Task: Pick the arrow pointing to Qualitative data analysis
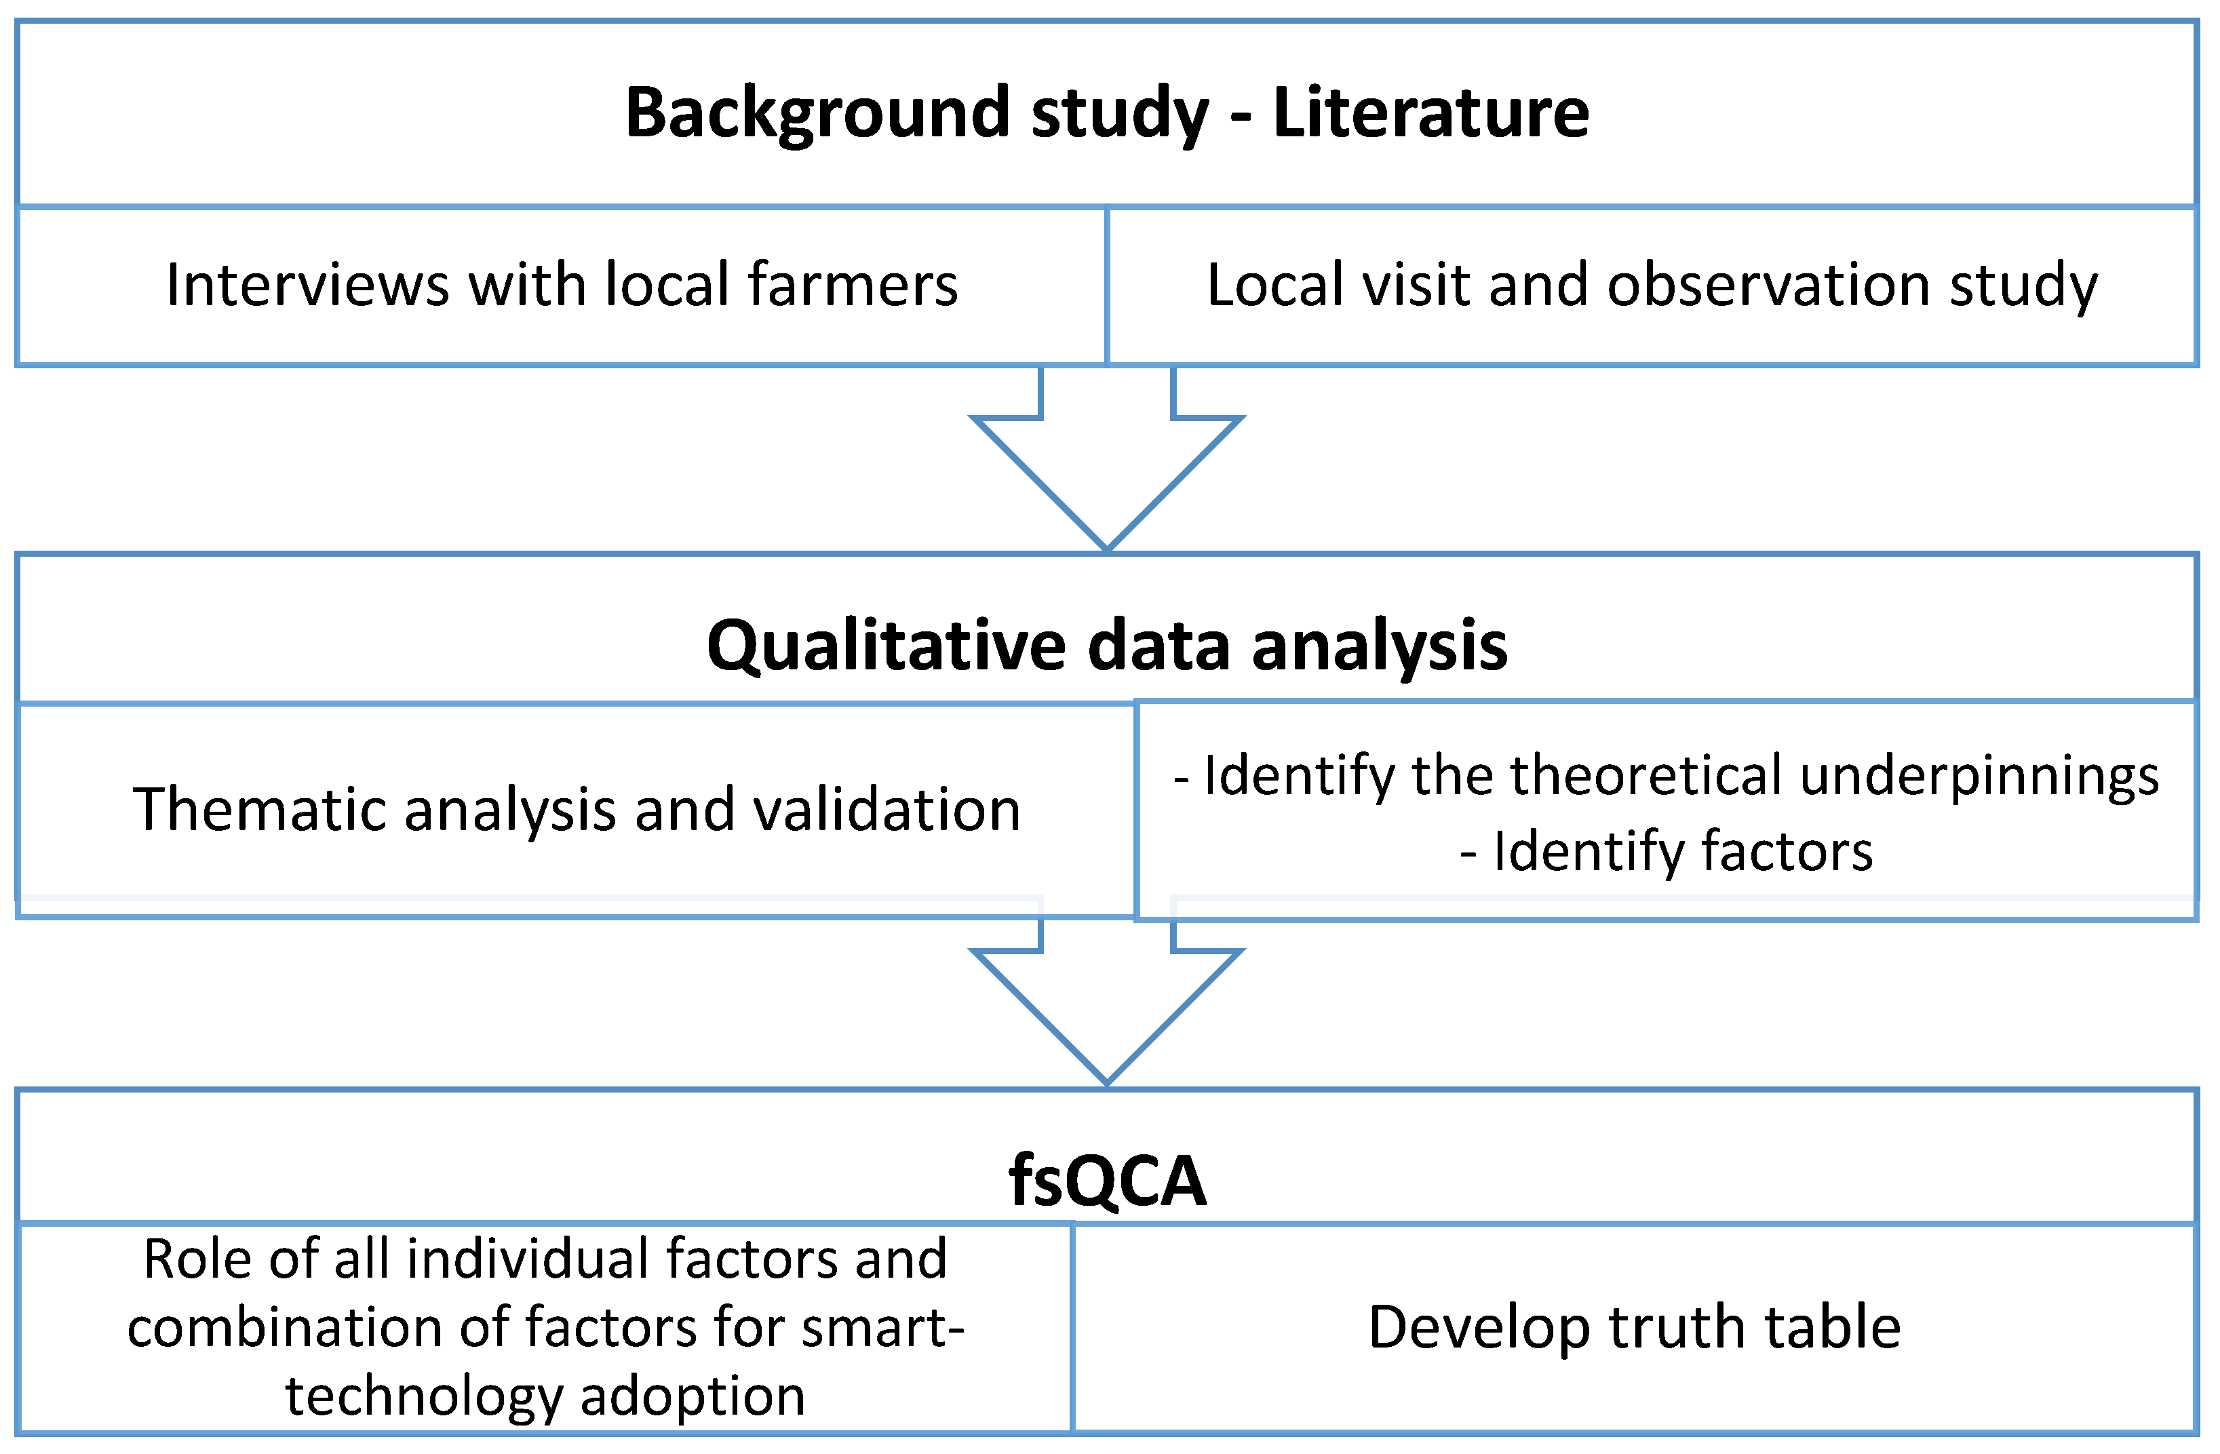(x=1106, y=467)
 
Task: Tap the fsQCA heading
(x=1106, y=1181)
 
